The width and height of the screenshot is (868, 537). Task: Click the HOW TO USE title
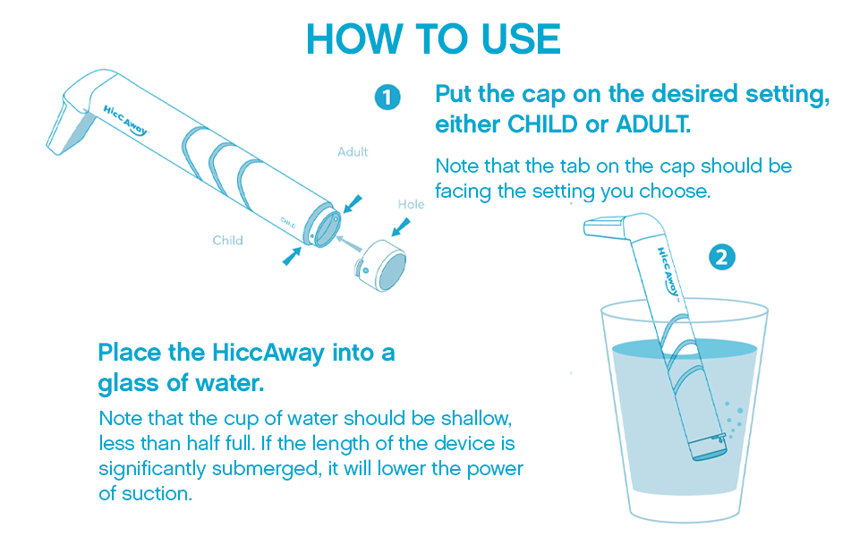click(433, 38)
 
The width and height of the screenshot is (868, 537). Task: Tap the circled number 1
click(387, 97)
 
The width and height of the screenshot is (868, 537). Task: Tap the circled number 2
click(722, 258)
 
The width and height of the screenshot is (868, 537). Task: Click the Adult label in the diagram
click(353, 151)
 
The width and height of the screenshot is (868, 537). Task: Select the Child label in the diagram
click(227, 240)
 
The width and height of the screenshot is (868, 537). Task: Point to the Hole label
click(411, 204)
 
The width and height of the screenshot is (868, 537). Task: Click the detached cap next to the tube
click(380, 265)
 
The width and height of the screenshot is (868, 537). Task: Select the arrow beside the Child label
click(292, 256)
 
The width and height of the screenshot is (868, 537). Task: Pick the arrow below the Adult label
click(353, 204)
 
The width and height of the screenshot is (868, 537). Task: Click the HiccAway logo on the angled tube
click(125, 121)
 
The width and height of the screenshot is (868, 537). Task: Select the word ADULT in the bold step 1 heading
click(653, 124)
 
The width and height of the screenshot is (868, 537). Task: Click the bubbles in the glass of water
click(735, 420)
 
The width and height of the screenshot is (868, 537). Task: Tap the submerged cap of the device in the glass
click(709, 447)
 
